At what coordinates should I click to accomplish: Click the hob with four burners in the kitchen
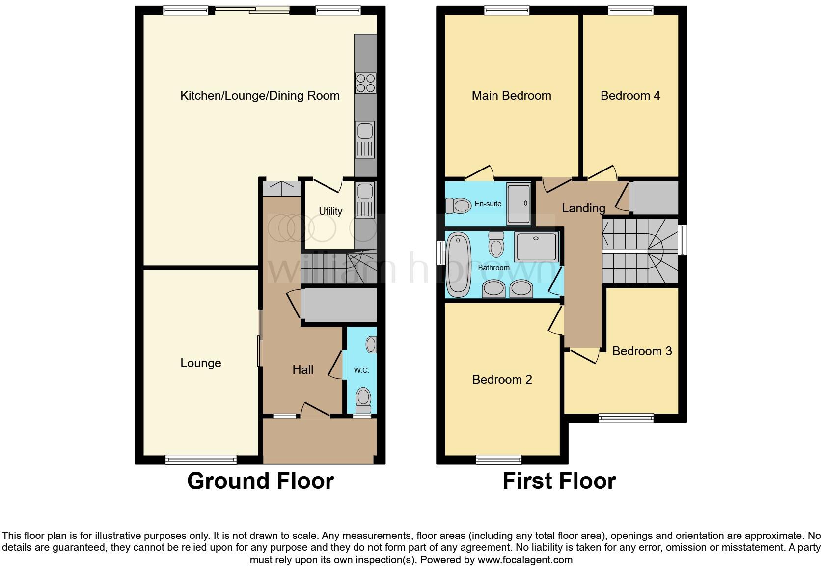pyautogui.click(x=365, y=83)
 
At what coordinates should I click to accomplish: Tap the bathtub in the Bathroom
pyautogui.click(x=459, y=265)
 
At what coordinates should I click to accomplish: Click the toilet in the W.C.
pyautogui.click(x=363, y=399)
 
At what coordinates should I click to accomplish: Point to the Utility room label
pyautogui.click(x=330, y=211)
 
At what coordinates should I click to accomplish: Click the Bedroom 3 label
pyautogui.click(x=642, y=351)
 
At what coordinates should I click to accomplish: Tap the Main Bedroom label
pyautogui.click(x=511, y=96)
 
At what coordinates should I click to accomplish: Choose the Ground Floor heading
pyautogui.click(x=260, y=481)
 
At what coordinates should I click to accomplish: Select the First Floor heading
pyautogui.click(x=559, y=481)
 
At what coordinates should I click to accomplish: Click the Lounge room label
pyautogui.click(x=200, y=363)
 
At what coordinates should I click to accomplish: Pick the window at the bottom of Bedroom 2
pyautogui.click(x=498, y=460)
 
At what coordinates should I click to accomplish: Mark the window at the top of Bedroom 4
pyautogui.click(x=630, y=10)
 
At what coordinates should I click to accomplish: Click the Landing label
pyautogui.click(x=583, y=208)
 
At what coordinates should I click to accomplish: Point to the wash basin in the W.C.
pyautogui.click(x=372, y=344)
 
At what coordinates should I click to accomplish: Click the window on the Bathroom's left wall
pyautogui.click(x=440, y=255)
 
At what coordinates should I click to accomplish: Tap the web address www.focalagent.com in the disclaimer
pyautogui.click(x=525, y=559)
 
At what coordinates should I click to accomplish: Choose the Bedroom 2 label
pyautogui.click(x=502, y=379)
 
